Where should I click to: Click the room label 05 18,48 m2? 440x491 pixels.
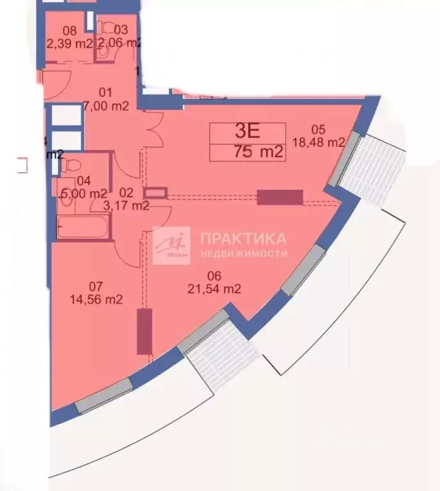(327, 136)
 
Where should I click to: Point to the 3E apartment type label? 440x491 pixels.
(247, 132)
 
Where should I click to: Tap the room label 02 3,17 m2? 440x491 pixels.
(127, 199)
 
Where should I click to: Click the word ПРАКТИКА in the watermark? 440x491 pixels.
(244, 239)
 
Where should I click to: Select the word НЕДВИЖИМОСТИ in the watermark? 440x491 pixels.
(244, 253)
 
